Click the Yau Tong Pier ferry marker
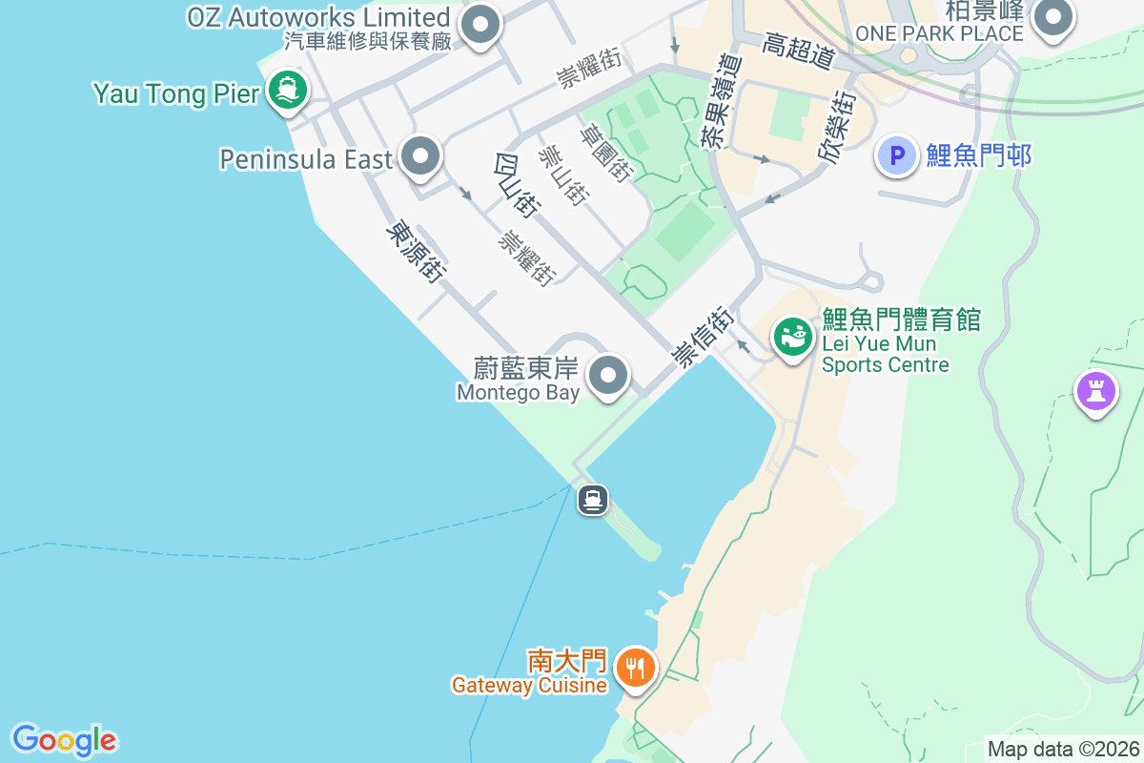(x=287, y=91)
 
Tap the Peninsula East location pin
(x=419, y=155)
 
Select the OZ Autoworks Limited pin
(x=480, y=24)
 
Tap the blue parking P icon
(x=896, y=155)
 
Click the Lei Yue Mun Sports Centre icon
(x=792, y=336)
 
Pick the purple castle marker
(x=1095, y=390)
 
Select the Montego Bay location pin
(x=608, y=375)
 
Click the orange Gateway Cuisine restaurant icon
(x=635, y=668)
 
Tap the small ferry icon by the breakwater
(x=592, y=499)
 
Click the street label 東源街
(x=417, y=253)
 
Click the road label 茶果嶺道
(x=720, y=98)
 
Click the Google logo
(x=64, y=740)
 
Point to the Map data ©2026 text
(x=1063, y=750)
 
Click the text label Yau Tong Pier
(x=176, y=93)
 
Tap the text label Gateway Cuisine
(x=529, y=685)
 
